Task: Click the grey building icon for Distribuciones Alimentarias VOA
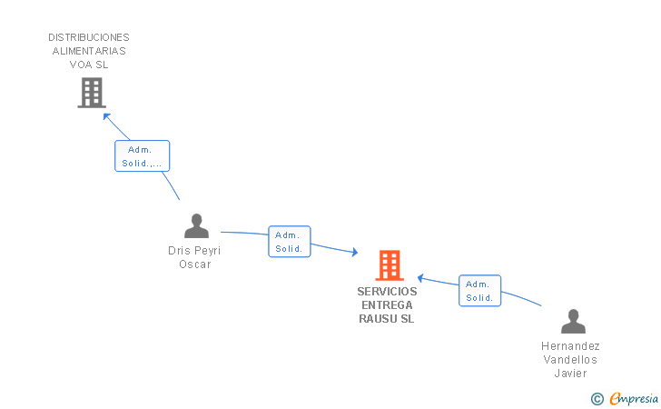click(x=91, y=92)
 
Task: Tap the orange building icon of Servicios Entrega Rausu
click(x=390, y=264)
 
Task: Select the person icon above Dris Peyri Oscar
click(x=195, y=225)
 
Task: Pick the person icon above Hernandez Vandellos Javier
click(x=572, y=322)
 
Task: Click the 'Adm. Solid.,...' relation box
click(x=143, y=156)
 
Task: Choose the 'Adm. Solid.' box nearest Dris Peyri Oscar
click(x=289, y=242)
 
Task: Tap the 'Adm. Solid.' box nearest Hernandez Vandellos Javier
click(x=479, y=291)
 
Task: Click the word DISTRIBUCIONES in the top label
click(x=89, y=37)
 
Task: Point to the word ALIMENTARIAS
click(x=89, y=51)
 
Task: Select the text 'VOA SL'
click(x=89, y=65)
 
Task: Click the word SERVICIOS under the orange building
click(x=387, y=292)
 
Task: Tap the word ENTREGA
click(x=387, y=305)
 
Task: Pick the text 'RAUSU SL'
click(x=387, y=319)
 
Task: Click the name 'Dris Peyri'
click(x=194, y=251)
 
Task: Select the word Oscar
click(x=194, y=264)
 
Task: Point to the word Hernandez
click(x=570, y=346)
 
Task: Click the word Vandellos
click(x=570, y=360)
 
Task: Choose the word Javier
click(x=570, y=374)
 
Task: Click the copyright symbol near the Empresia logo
click(x=597, y=398)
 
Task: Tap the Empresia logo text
click(x=634, y=397)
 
